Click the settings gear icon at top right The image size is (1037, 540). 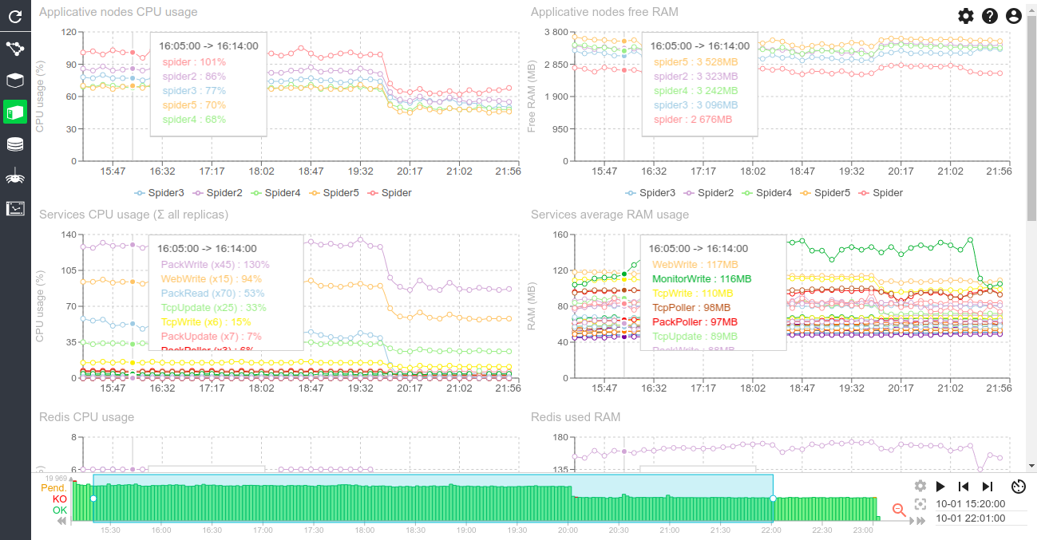[x=966, y=16]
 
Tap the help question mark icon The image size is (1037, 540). [x=990, y=16]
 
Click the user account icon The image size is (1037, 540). [x=1014, y=16]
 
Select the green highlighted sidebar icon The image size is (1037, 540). [x=14, y=112]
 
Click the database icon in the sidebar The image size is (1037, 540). [x=14, y=144]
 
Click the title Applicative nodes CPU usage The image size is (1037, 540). [x=118, y=12]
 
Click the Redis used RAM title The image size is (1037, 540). [x=575, y=417]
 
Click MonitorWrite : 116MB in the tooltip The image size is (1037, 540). [x=702, y=279]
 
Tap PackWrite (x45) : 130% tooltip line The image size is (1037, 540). [x=215, y=265]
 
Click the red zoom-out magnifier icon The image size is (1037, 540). [x=899, y=510]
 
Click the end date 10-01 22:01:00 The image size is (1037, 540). [x=970, y=518]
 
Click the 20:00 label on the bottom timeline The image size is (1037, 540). [x=568, y=530]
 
